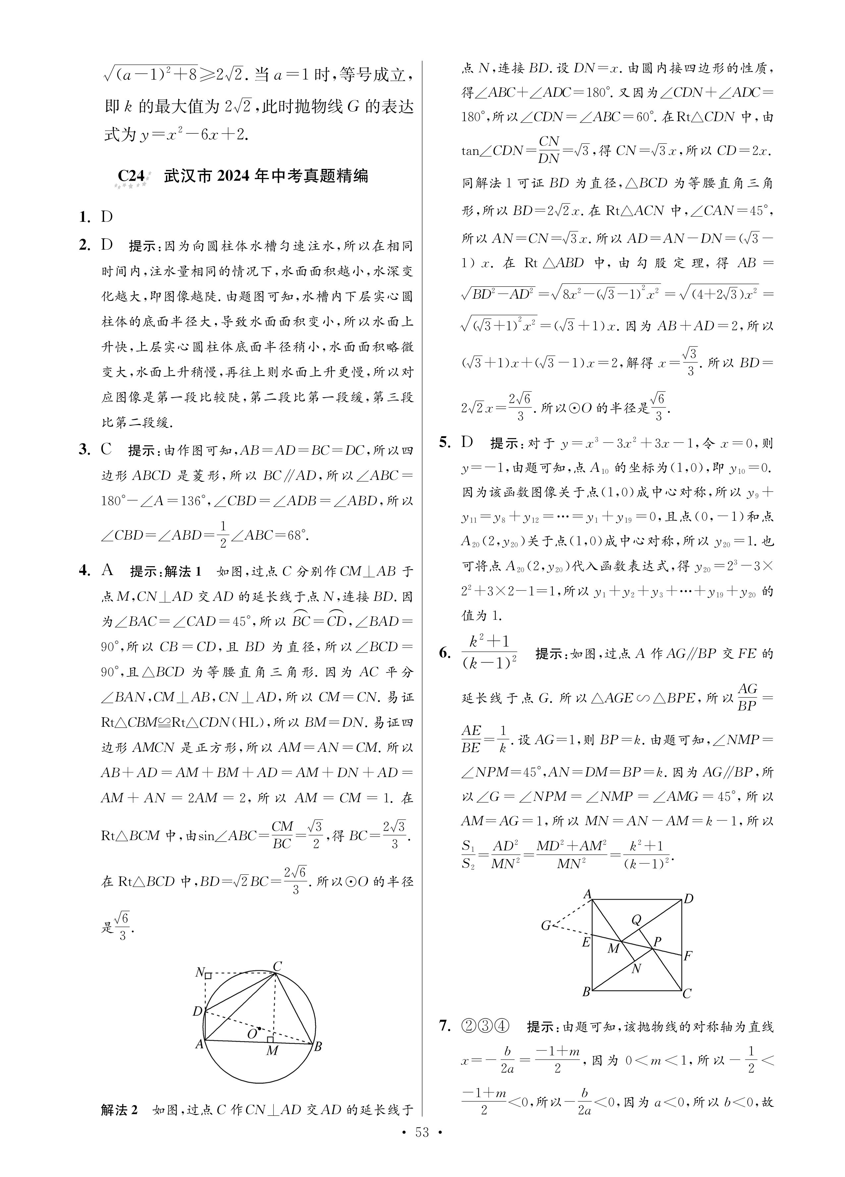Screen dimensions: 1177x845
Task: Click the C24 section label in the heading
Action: coord(132,176)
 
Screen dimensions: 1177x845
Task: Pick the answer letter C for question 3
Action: coord(106,449)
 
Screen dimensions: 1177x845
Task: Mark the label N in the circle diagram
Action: coord(199,972)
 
